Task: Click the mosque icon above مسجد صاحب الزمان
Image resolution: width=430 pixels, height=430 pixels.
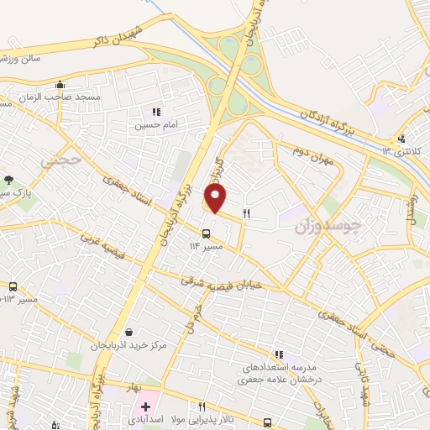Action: click(60, 85)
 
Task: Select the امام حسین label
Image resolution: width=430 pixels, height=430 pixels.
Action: click(153, 125)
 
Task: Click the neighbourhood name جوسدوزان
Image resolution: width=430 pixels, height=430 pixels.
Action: click(328, 224)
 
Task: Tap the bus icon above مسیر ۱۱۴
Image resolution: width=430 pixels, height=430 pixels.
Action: click(207, 233)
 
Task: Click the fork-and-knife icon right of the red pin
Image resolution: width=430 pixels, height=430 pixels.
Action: click(246, 213)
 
